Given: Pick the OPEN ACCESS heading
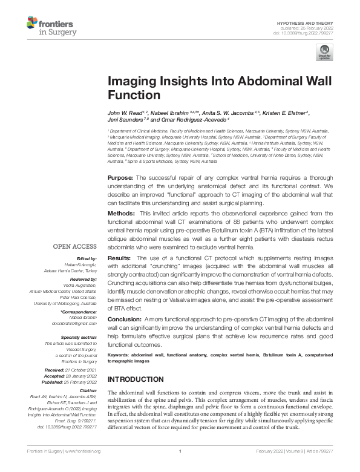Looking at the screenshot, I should coord(74,247).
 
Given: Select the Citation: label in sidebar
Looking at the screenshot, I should coord(87,390).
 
